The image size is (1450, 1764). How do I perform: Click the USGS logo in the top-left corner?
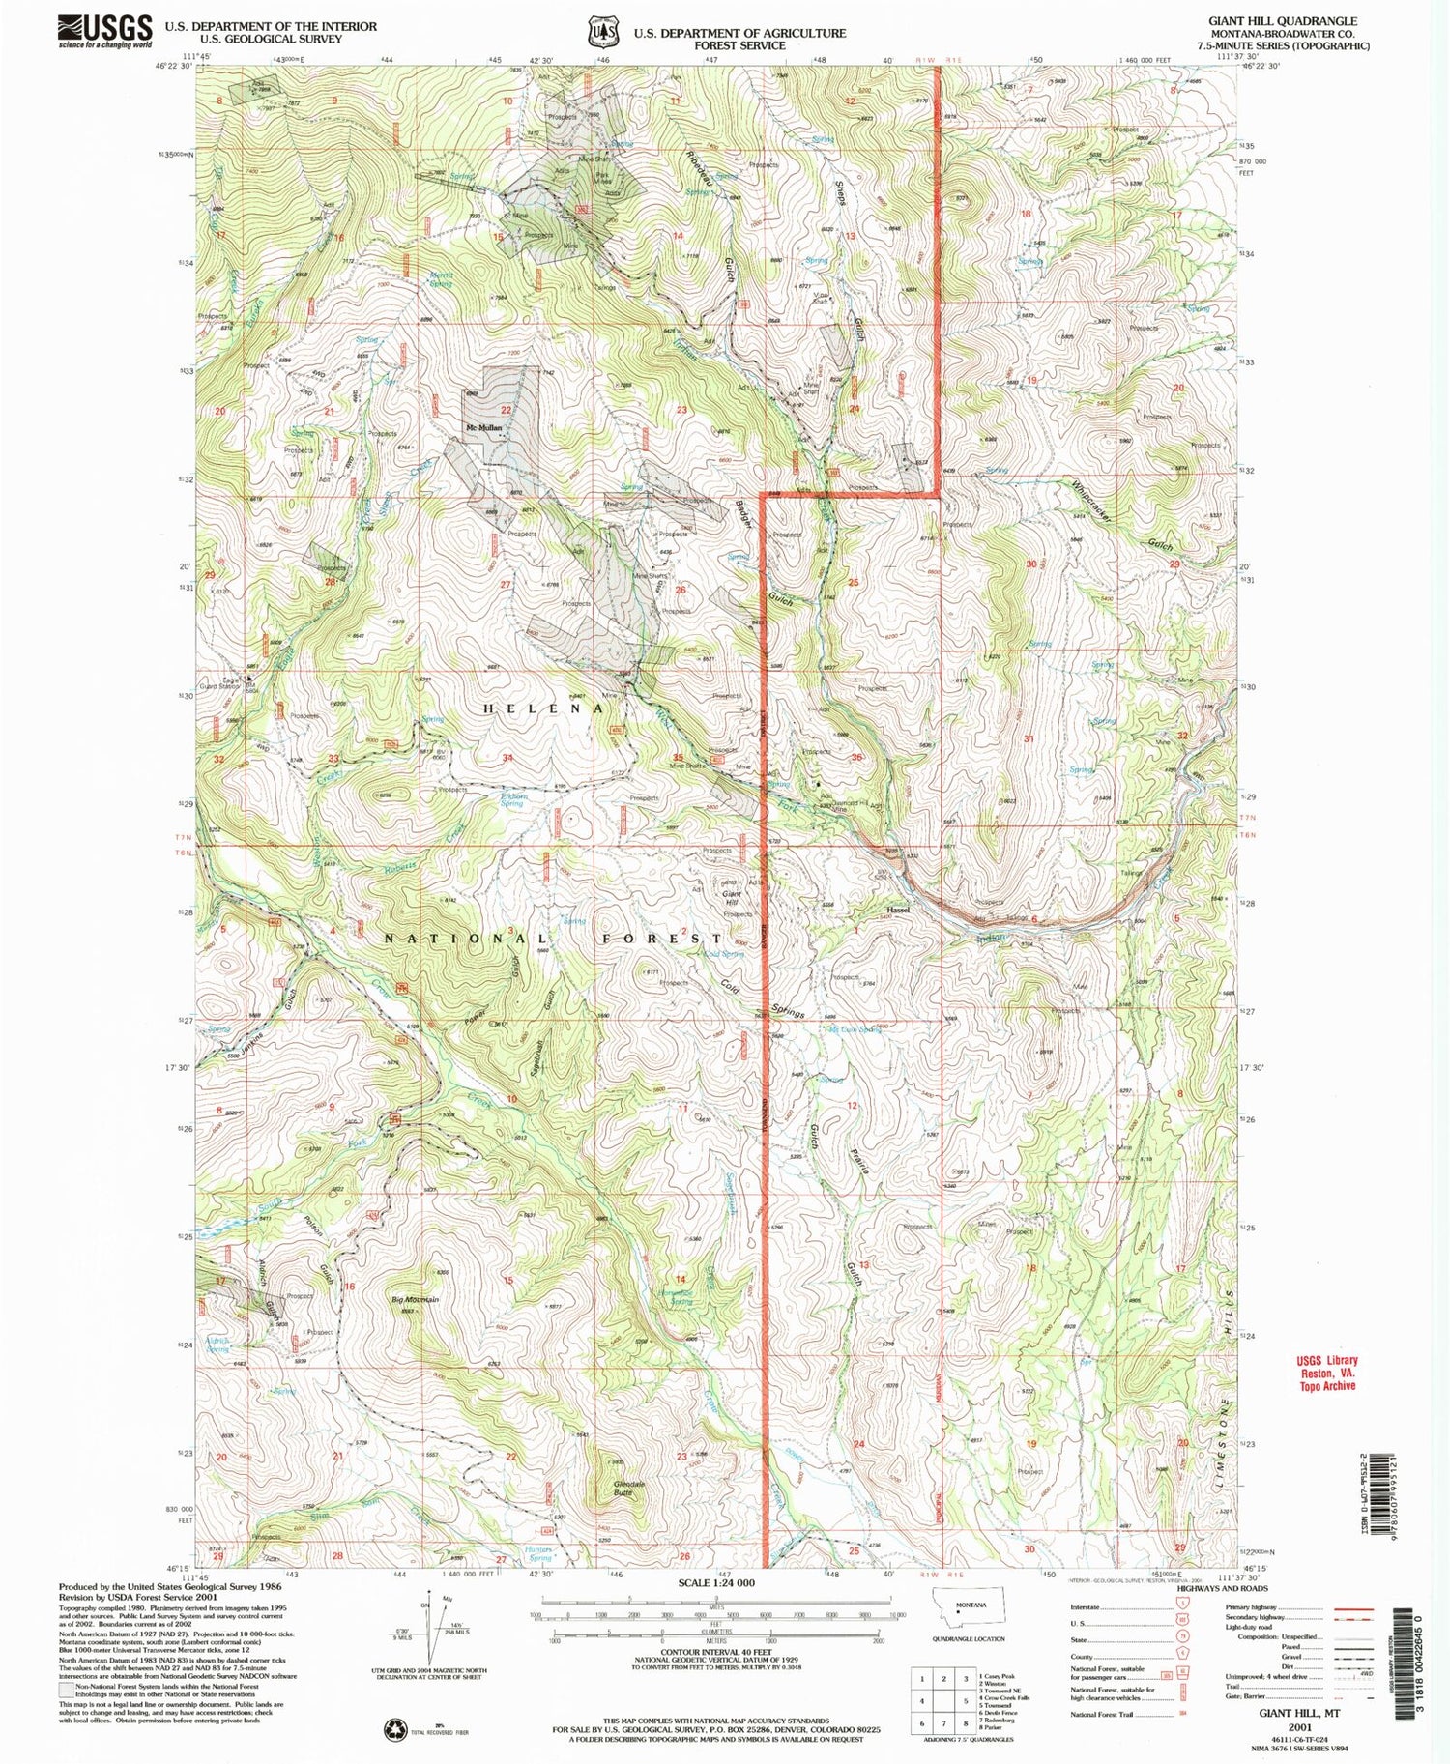tap(105, 31)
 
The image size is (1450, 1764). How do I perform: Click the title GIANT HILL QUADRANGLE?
tap(1282, 20)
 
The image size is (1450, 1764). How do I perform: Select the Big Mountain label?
tap(416, 1299)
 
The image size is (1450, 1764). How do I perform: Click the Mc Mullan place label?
tap(485, 427)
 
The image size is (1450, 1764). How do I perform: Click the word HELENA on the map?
tap(543, 708)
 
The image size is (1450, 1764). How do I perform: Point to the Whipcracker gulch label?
tap(1092, 503)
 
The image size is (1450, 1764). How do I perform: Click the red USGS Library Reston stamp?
tap(1327, 1373)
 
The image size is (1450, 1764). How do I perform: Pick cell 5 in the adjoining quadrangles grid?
tap(944, 1700)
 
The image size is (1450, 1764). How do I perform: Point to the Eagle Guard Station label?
tap(229, 684)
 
